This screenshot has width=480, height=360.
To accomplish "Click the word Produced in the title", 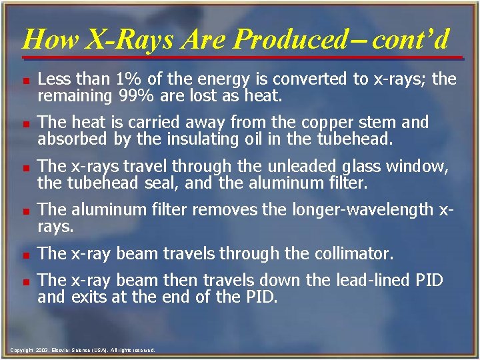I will click(x=287, y=39).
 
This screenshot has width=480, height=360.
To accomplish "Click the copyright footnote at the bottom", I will click(x=83, y=349).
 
